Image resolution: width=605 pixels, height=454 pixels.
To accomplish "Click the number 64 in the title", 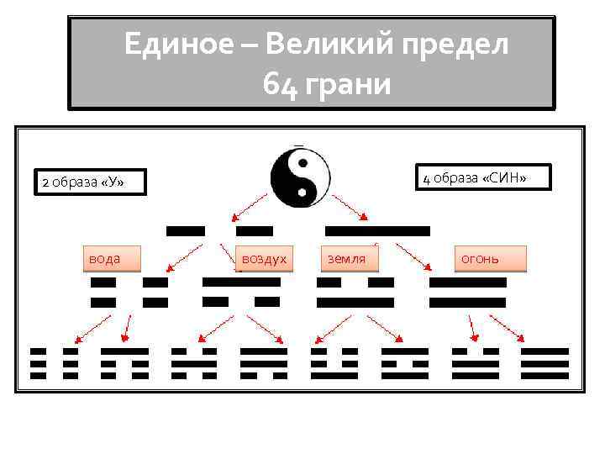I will tap(280, 84).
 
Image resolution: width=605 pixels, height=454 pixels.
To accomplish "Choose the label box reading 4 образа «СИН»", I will tap(475, 177).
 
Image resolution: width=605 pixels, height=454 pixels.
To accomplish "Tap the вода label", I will tap(106, 259).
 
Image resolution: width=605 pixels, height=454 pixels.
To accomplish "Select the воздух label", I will tap(264, 259).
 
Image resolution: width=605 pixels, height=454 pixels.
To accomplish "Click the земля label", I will tap(346, 259).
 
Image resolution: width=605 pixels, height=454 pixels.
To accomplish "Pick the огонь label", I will tap(481, 259).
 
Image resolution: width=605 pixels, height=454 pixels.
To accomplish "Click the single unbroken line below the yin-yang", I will tap(377, 230).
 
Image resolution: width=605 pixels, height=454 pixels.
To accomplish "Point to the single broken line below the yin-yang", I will tap(219, 230).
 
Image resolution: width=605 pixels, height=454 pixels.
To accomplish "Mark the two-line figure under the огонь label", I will tap(467, 292).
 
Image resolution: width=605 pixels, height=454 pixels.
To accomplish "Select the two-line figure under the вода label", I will tap(129, 292).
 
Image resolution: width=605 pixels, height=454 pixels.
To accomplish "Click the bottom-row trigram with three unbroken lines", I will tap(544, 363).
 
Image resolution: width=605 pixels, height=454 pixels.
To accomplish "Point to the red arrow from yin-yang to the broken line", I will tap(250, 206).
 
